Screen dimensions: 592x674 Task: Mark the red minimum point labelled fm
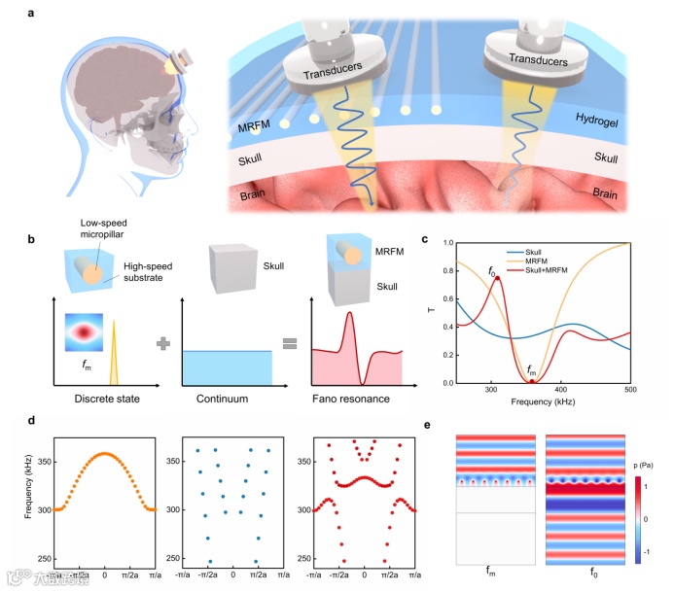click(x=531, y=381)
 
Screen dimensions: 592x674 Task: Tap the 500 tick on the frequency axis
click(x=629, y=390)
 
